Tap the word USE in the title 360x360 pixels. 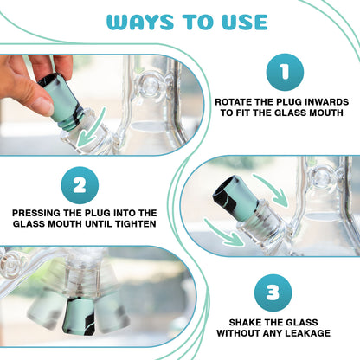tap(245, 22)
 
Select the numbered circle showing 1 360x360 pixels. tap(285, 72)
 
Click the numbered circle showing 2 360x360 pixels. tap(80, 185)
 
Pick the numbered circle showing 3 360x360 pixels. tap(273, 293)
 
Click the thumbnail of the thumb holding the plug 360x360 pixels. tap(44, 106)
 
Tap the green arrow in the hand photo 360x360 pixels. tap(90, 128)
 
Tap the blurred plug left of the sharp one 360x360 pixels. tap(46, 310)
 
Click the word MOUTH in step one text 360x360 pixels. tap(326, 112)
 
